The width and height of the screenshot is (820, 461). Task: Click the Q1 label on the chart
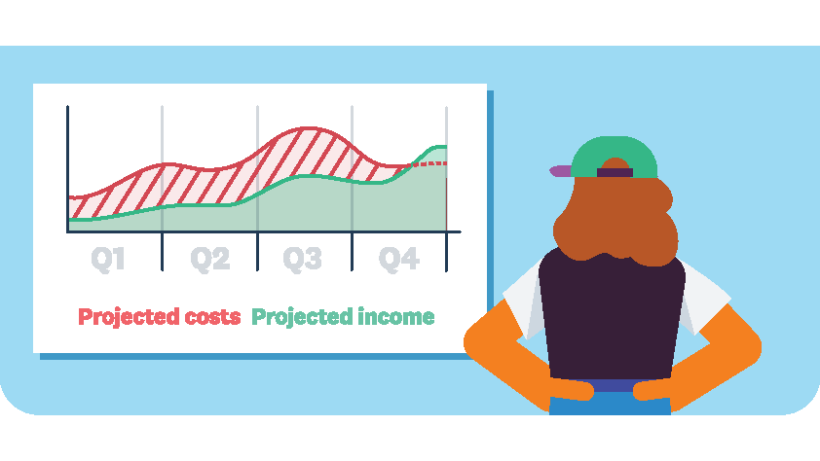click(108, 259)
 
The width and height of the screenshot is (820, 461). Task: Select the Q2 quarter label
click(210, 259)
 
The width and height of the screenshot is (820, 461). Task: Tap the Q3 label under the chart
click(302, 259)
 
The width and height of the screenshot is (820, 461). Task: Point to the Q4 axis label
click(399, 259)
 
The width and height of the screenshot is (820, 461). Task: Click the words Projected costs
click(160, 317)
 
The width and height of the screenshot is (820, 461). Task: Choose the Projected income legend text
click(343, 317)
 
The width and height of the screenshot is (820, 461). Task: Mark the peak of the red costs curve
click(309, 128)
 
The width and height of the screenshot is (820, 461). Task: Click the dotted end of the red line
click(429, 164)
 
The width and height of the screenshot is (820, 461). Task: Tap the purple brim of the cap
click(561, 171)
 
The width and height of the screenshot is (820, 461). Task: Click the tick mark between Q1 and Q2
click(162, 252)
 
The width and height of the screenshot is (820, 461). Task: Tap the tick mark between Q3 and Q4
click(352, 252)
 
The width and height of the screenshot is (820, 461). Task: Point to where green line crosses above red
click(412, 165)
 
